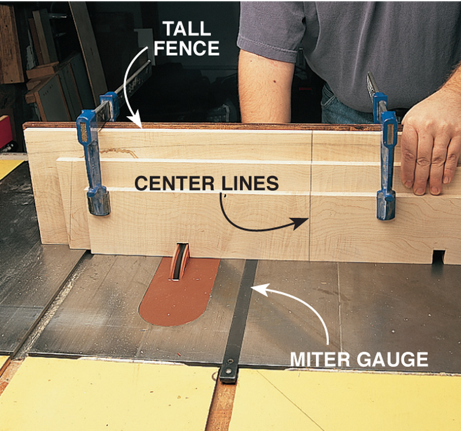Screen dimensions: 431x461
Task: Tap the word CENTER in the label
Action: click(171, 184)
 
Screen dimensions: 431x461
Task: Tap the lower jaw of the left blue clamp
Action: click(98, 201)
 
